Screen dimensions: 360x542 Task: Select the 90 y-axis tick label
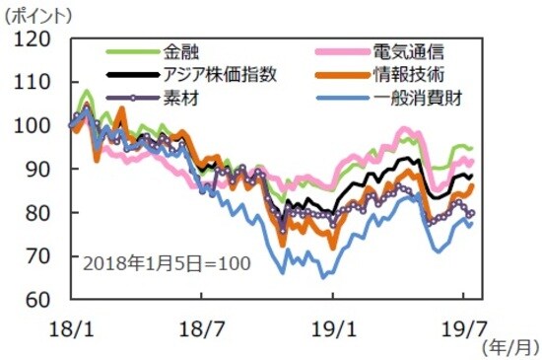tap(37, 170)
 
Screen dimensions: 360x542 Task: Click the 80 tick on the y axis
tap(37, 213)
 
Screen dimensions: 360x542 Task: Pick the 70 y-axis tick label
tap(37, 256)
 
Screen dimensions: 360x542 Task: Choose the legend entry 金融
tap(178, 50)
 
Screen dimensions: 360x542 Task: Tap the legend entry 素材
tap(178, 98)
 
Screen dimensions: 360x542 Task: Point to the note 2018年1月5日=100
tap(165, 264)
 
